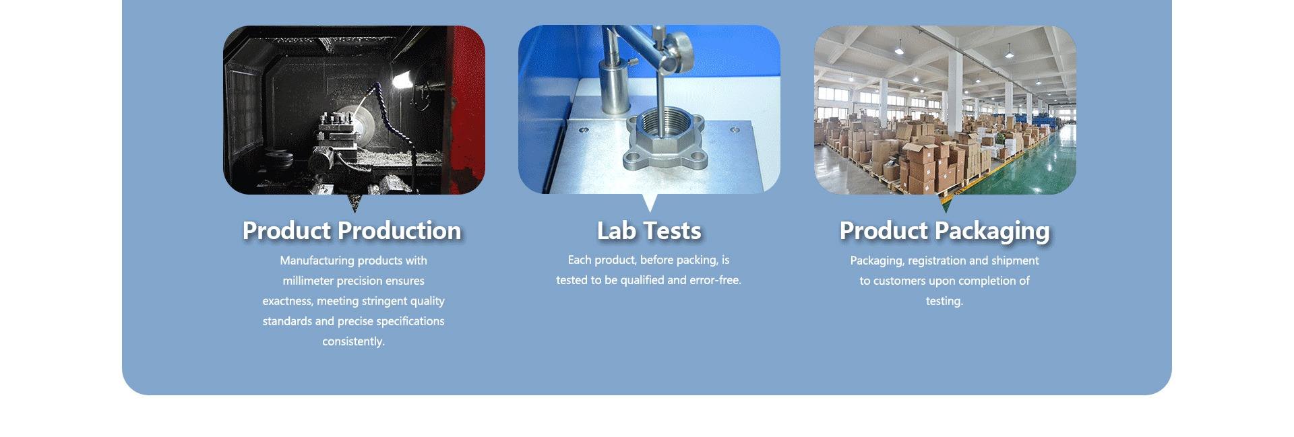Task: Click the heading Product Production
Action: [352, 231]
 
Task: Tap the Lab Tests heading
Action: [649, 231]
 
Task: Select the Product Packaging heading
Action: [944, 232]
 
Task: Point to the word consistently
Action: [353, 341]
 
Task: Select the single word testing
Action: [944, 301]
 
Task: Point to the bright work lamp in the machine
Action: [402, 81]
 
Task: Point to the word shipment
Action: [1015, 261]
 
